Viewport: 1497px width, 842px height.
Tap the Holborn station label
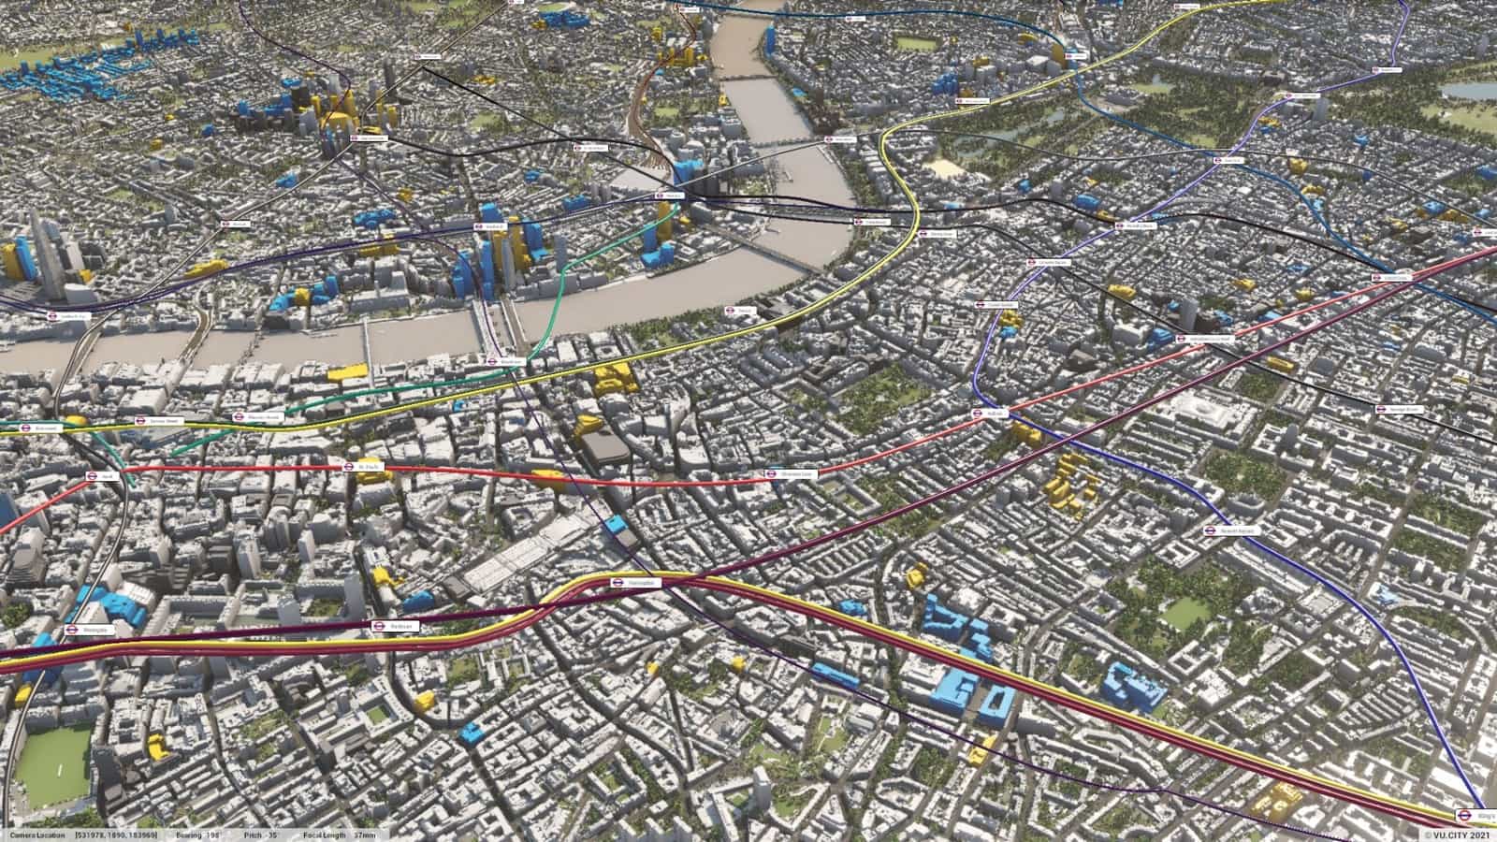pos(992,414)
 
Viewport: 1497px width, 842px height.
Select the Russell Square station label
pos(1231,530)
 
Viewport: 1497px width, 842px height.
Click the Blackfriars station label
pos(505,359)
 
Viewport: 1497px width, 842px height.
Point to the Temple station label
pos(739,310)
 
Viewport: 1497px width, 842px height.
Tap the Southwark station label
pos(490,225)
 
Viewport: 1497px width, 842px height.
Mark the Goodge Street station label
pos(1400,409)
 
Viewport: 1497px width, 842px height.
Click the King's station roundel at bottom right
pos(1466,814)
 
